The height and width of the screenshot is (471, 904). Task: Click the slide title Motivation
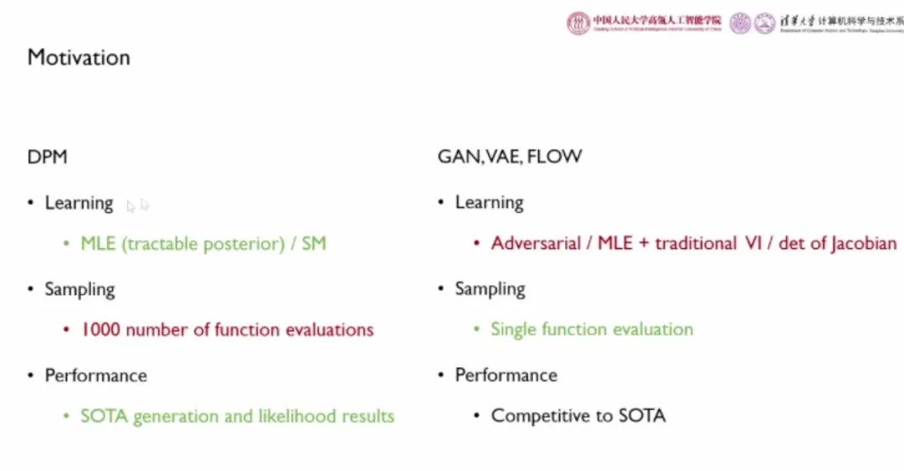click(x=79, y=58)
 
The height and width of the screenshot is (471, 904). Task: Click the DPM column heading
click(x=47, y=157)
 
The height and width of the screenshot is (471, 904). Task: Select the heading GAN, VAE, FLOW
click(x=510, y=157)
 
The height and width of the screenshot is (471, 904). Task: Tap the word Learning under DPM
click(x=79, y=203)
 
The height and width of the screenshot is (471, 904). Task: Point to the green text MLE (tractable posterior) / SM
click(x=203, y=244)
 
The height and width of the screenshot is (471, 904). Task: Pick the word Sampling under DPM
click(x=80, y=289)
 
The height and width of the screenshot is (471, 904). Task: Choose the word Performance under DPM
click(x=95, y=375)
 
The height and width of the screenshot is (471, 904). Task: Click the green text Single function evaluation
click(x=592, y=329)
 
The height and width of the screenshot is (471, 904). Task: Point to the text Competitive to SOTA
click(x=578, y=416)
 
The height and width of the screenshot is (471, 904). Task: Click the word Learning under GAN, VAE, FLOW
click(x=489, y=203)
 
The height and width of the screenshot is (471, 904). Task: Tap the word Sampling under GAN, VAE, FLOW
click(x=490, y=289)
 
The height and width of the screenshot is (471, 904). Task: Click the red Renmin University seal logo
click(x=578, y=23)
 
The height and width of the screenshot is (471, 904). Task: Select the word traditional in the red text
click(x=696, y=244)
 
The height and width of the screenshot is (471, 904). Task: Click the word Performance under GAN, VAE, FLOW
click(x=506, y=375)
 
